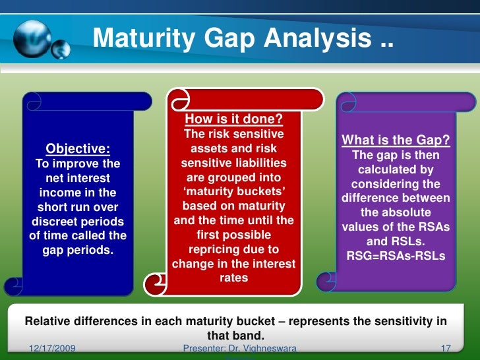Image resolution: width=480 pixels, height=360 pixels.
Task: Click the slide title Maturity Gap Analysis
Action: [242, 39]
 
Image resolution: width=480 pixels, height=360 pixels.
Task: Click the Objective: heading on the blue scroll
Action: [77, 148]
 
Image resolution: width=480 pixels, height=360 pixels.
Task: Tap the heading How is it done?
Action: [233, 119]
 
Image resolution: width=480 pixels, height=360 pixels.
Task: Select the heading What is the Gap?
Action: [396, 140]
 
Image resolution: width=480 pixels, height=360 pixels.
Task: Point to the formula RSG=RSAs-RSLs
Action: [396, 256]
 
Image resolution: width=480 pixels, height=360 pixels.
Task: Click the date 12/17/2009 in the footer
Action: [52, 347]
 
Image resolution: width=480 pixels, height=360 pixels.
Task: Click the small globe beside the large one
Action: [61, 48]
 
